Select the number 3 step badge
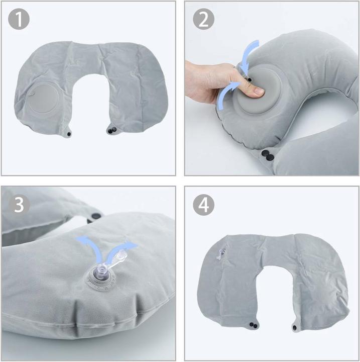coord(19,206)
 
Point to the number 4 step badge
coord(203,205)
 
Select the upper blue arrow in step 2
coord(249,55)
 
